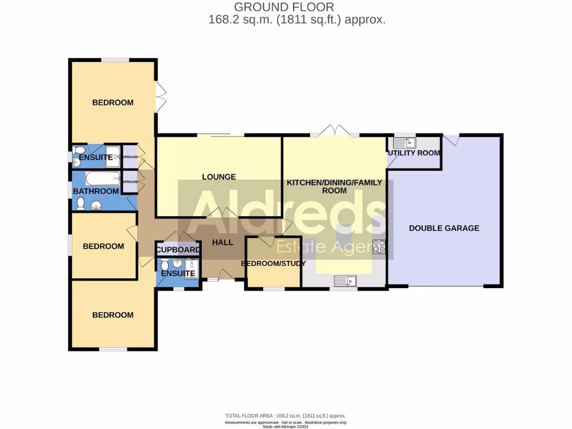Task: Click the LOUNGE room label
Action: (x=219, y=177)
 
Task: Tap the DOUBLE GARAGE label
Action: (x=444, y=228)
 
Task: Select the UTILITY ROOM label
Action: (x=414, y=153)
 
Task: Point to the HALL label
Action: (x=222, y=242)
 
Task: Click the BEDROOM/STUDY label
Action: (x=273, y=263)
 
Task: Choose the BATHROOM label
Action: (x=96, y=191)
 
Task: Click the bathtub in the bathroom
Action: (x=103, y=179)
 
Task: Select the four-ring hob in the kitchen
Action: (x=379, y=246)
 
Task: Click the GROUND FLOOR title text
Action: (x=284, y=7)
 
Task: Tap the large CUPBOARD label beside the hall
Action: (x=178, y=250)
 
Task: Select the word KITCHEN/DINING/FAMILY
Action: (x=334, y=183)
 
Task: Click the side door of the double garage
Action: (x=451, y=140)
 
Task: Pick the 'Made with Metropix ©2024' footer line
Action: (x=285, y=427)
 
